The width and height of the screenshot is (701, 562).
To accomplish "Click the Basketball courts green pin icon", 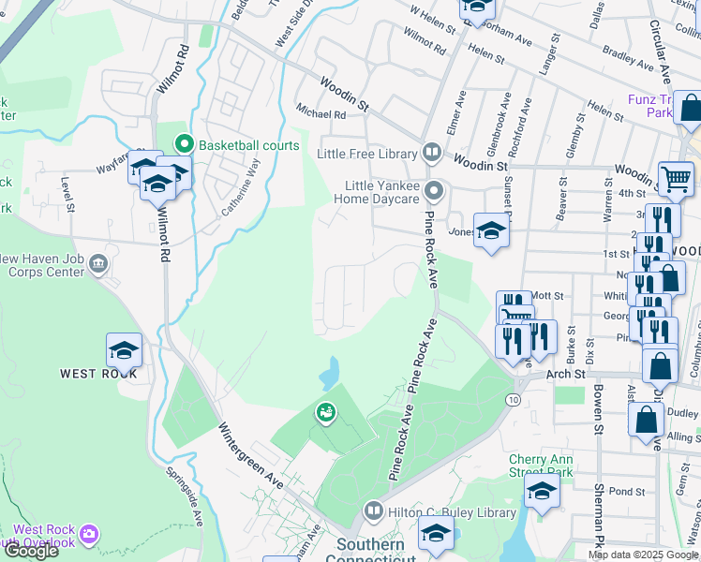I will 184,144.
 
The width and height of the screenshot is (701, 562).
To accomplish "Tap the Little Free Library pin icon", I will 432,151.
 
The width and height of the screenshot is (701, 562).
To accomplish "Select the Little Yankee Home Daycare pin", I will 432,191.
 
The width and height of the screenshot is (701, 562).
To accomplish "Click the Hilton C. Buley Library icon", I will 373,511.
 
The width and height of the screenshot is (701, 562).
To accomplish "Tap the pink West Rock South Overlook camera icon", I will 89,535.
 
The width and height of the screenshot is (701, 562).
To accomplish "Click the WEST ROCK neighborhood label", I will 98,374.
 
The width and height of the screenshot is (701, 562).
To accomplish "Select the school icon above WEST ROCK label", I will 124,350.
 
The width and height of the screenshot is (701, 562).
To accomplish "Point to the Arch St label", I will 565,374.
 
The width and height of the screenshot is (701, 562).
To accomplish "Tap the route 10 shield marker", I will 513,400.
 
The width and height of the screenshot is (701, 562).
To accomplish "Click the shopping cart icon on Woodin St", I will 676,178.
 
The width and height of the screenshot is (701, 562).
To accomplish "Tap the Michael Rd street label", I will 321,114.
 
